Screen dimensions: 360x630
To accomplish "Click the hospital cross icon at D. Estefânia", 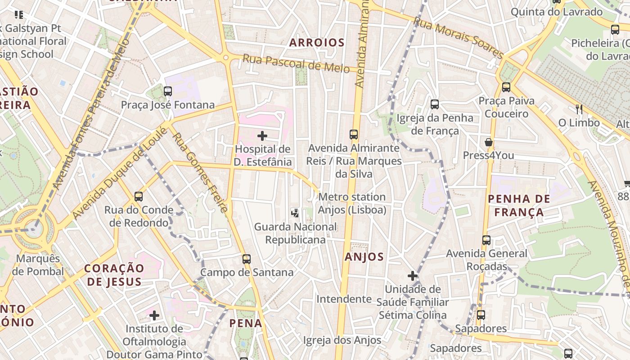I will pos(262,135).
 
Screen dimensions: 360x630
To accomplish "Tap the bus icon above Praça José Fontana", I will pos(168,91).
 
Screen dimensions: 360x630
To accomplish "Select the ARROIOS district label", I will pos(317,43).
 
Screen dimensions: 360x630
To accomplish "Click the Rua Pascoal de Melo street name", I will pos(296,63).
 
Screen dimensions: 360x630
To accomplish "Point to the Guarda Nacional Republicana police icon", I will pos(295,213).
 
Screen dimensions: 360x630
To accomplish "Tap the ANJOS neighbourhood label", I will pos(364,257).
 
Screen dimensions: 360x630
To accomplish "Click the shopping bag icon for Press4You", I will pos(488,143).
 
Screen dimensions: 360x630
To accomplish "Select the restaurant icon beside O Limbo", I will pos(579,109).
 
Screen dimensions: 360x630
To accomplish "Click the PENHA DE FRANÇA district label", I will pos(519,206).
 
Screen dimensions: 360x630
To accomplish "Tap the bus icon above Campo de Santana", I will pos(246,259).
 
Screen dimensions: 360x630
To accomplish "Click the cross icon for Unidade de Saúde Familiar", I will pos(412,275).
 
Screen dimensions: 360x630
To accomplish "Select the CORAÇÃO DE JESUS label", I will pos(114,275).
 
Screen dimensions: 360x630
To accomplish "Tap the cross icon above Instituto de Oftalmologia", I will pos(154,315).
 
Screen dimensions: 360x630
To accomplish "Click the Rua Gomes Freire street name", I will pos(201,172).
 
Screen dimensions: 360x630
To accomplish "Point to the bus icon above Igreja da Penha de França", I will pos(435,104).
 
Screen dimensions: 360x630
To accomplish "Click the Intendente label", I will pos(344,299).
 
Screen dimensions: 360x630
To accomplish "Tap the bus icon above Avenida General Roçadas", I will pos(486,240).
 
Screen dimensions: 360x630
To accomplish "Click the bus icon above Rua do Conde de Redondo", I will pos(139,197).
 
